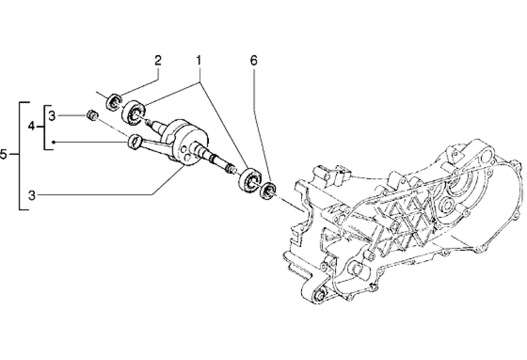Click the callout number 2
157,61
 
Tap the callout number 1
199,61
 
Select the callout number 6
253,61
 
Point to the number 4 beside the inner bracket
31,127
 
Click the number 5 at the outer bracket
4,155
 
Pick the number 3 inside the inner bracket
51,116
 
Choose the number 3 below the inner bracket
31,195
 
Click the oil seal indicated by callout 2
114,101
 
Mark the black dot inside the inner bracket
53,143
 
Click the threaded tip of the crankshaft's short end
148,122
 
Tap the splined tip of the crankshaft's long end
231,168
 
